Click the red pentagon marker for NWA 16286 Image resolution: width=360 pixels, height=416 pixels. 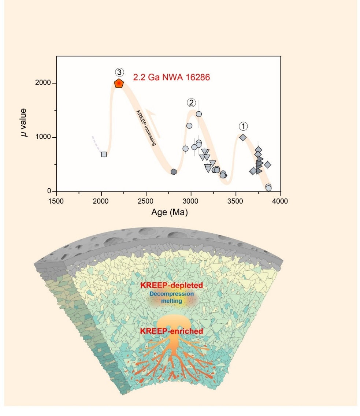[119, 83]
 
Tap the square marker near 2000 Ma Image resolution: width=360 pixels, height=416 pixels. [104, 154]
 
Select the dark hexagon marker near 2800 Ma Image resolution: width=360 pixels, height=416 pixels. [174, 172]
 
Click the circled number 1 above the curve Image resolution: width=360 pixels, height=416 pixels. [243, 126]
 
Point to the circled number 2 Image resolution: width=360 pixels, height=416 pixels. [191, 102]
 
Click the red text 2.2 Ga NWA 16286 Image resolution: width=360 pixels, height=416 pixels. [171, 78]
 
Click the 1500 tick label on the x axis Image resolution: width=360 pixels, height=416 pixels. [56, 201]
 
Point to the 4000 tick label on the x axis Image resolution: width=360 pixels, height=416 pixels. [281, 201]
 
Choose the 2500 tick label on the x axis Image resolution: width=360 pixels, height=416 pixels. [146, 201]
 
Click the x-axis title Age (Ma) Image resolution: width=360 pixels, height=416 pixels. [169, 212]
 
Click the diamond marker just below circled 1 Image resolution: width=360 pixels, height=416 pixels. [242, 137]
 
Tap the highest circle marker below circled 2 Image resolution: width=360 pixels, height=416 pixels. [199, 114]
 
